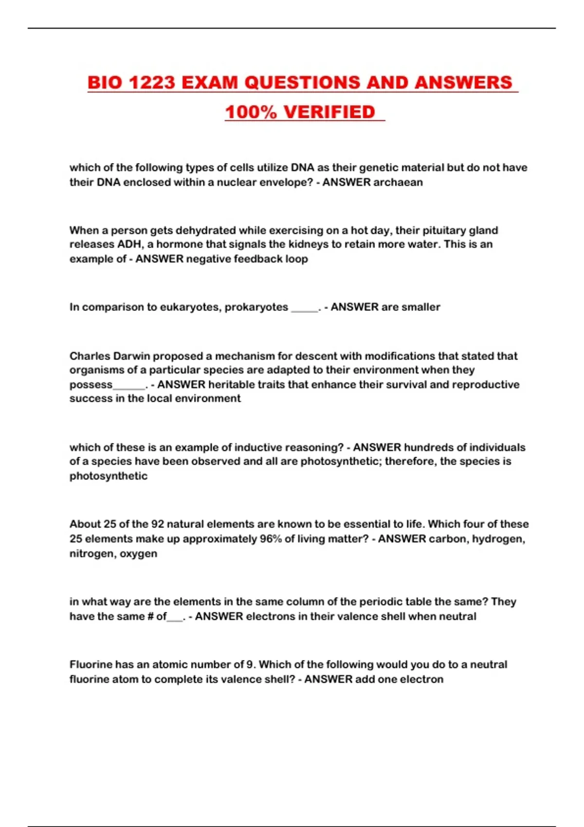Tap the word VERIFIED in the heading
[x=329, y=112]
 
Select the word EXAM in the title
[x=210, y=83]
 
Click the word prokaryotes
[x=256, y=307]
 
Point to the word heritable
[x=231, y=384]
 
